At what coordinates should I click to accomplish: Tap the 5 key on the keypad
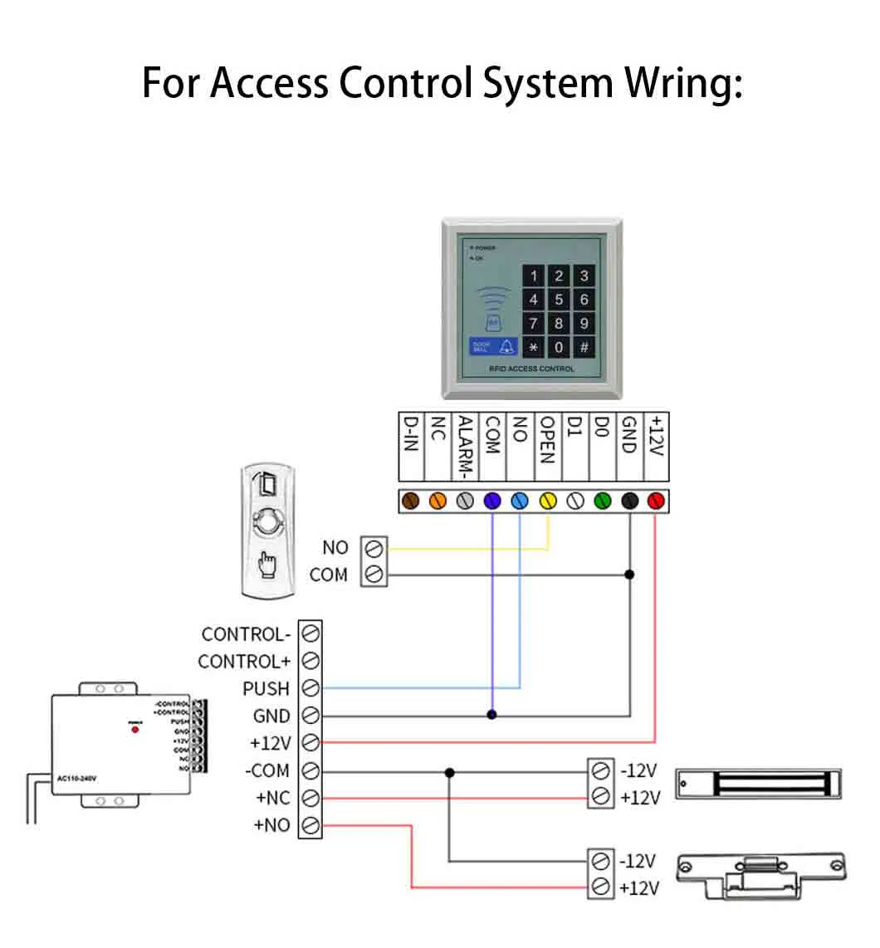559,300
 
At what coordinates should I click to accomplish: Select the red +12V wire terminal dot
655,501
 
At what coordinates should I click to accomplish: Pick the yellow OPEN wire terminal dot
547,501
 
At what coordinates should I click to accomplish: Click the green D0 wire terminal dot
602,501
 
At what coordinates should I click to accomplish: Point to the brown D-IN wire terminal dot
411,501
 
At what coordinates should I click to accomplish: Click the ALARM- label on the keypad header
466,447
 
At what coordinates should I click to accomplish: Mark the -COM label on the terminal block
266,770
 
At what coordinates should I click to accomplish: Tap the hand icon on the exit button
267,564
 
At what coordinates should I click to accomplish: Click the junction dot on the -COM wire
449,772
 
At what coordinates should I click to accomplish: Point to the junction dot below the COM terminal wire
492,714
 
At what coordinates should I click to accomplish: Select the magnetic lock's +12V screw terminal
599,798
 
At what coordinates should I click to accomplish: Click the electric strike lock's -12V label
638,860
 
